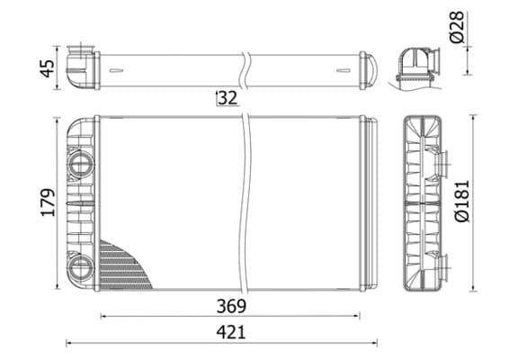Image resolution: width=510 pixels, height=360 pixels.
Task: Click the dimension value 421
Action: (230, 332)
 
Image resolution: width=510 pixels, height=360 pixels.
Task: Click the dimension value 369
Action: (230, 305)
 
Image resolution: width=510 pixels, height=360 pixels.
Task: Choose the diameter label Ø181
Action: (461, 202)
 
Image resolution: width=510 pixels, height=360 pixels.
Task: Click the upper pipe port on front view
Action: (80, 164)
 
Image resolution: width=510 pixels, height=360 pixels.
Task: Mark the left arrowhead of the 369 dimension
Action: (103, 316)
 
